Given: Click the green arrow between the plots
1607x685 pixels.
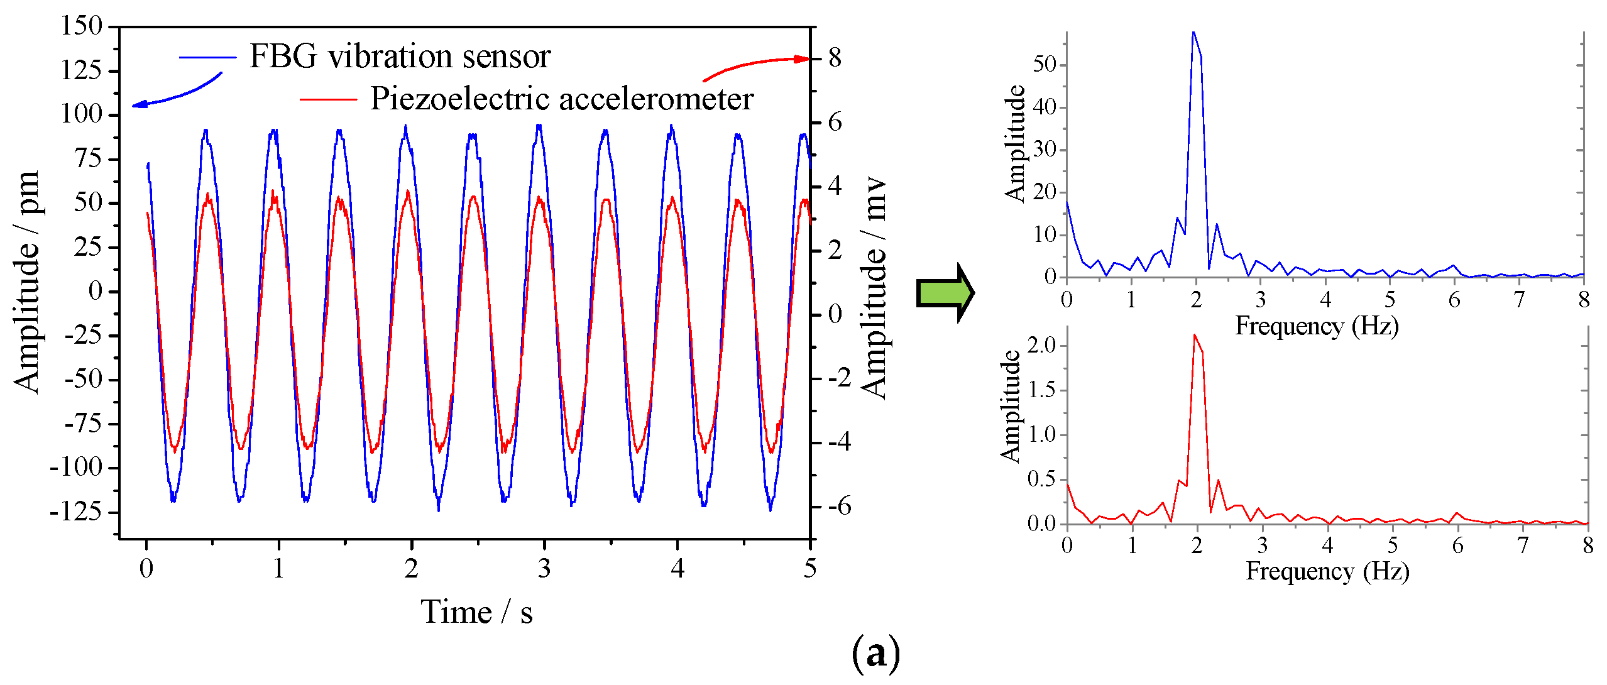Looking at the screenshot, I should pyautogui.click(x=945, y=293).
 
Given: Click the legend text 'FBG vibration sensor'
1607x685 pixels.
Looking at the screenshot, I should pyautogui.click(x=400, y=57).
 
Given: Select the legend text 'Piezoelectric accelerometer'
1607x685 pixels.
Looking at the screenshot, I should pyautogui.click(x=561, y=99).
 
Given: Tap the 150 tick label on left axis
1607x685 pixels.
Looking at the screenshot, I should pyautogui.click(x=81, y=26).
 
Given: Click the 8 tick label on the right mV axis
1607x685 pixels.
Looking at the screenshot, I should pyautogui.click(x=835, y=58).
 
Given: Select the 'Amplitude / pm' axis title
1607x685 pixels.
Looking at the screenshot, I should pyautogui.click(x=27, y=282).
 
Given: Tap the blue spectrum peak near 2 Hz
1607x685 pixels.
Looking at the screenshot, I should pyautogui.click(x=1193, y=33).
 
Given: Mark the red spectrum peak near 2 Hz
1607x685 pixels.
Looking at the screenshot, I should pyautogui.click(x=1195, y=335).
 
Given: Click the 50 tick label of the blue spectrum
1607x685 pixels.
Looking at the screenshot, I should pyautogui.click(x=1045, y=65).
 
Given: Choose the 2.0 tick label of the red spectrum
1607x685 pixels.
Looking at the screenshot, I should pyautogui.click(x=1041, y=345).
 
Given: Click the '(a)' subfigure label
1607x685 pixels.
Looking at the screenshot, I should pyautogui.click(x=875, y=654).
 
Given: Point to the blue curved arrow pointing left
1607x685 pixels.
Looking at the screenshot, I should pyautogui.click(x=177, y=94).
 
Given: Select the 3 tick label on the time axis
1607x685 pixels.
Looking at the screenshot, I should pyautogui.click(x=544, y=569).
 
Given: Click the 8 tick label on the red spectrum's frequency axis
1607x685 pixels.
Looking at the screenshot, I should pyautogui.click(x=1588, y=545).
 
